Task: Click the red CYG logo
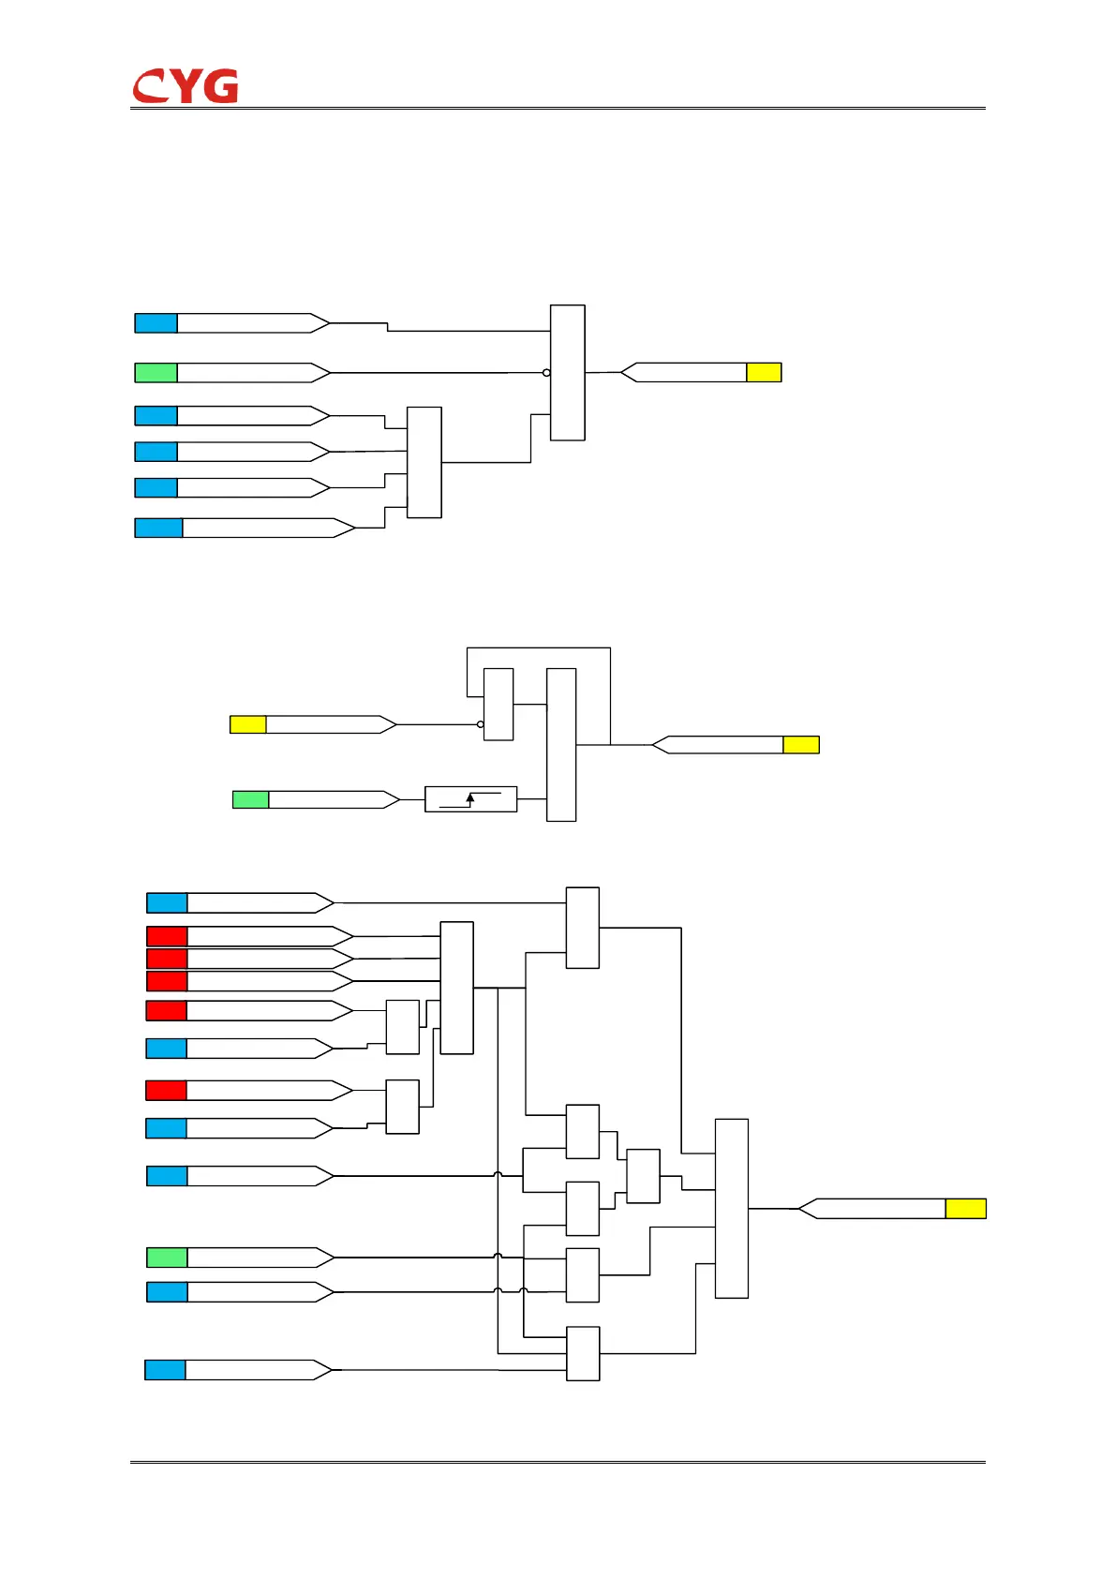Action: pyautogui.click(x=185, y=86)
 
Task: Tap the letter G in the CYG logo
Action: pyautogui.click(x=221, y=86)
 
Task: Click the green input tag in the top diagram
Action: pyautogui.click(x=156, y=373)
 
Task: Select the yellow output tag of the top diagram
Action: pyautogui.click(x=764, y=372)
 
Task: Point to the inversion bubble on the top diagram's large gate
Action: pyautogui.click(x=546, y=373)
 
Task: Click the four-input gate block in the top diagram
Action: pyautogui.click(x=424, y=462)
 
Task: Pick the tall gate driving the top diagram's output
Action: pyautogui.click(x=568, y=372)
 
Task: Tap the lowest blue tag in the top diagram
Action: pyautogui.click(x=158, y=528)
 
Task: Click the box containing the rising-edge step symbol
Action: pyautogui.click(x=470, y=798)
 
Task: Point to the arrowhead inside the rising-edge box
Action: pyautogui.click(x=470, y=797)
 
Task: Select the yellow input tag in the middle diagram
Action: pyautogui.click(x=247, y=724)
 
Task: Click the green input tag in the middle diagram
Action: pyautogui.click(x=250, y=799)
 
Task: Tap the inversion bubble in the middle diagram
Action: pyautogui.click(x=481, y=724)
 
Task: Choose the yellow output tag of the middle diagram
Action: pyautogui.click(x=801, y=745)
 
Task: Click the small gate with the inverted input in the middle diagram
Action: pyautogui.click(x=498, y=705)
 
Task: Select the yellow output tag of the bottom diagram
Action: pyautogui.click(x=965, y=1209)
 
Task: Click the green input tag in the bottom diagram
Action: pyautogui.click(x=167, y=1258)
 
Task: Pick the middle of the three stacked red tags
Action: pyautogui.click(x=167, y=959)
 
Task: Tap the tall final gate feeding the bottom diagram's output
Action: pyautogui.click(x=731, y=1208)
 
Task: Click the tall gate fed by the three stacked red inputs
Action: pyautogui.click(x=456, y=988)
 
